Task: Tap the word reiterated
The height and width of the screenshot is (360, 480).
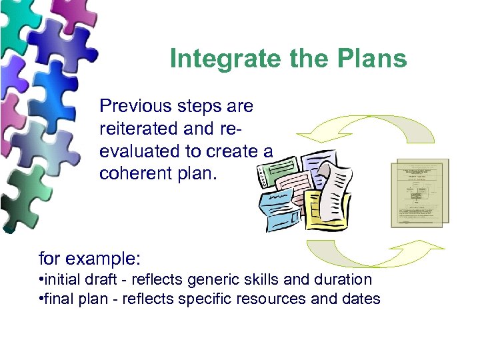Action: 138,128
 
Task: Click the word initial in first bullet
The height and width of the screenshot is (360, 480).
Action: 61,279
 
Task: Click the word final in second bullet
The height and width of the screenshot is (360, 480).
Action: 57,299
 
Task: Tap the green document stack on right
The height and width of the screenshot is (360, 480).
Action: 419,193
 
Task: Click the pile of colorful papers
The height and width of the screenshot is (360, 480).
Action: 304,193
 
